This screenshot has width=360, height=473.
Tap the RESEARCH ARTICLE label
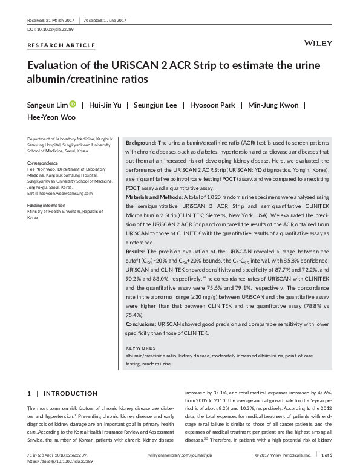click(61, 45)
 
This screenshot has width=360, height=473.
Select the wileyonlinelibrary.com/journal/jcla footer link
click(180, 454)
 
